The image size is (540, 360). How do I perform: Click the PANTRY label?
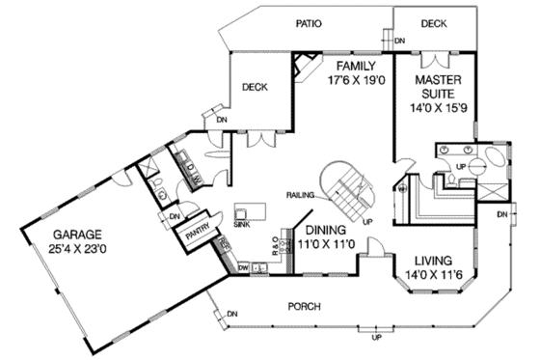pyautogui.click(x=200, y=233)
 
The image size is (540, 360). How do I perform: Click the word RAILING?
pyautogui.click(x=301, y=195)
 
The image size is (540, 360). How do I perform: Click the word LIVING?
pyautogui.click(x=435, y=261)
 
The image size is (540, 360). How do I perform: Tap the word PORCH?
pyautogui.click(x=307, y=307)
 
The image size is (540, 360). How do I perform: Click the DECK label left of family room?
pyautogui.click(x=255, y=87)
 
